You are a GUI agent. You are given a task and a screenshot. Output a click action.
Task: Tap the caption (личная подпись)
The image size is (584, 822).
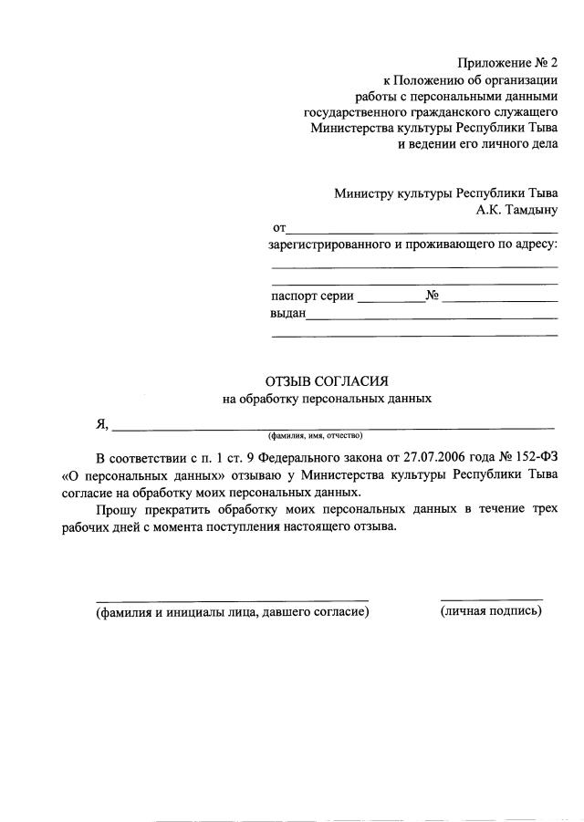point(491,611)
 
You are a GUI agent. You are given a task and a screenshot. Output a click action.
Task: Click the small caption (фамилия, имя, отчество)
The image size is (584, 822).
point(315,435)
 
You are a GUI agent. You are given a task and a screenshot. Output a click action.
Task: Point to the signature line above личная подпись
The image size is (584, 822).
point(491,599)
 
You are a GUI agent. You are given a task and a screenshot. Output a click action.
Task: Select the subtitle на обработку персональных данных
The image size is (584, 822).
point(327,399)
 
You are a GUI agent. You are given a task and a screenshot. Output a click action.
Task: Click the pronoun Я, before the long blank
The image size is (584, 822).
point(102,423)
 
